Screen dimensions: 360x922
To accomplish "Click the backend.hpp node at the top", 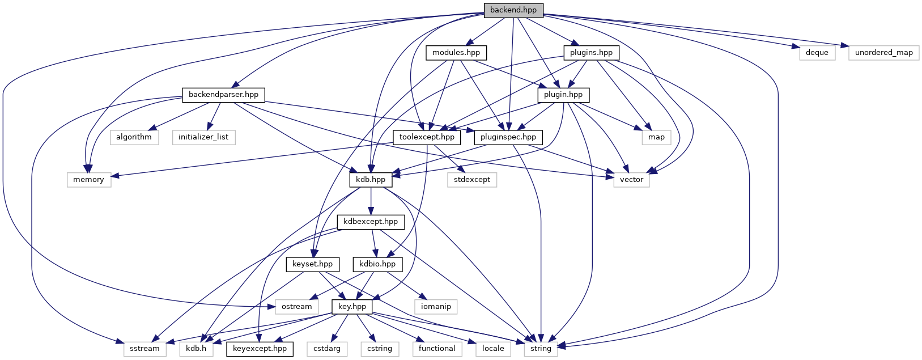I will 513,10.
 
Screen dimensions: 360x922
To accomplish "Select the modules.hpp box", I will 456,53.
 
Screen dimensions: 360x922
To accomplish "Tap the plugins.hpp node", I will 591,53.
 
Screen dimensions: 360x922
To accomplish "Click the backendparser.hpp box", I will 223,95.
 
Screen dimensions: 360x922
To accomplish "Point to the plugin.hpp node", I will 563,95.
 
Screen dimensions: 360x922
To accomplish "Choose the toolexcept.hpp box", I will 427,137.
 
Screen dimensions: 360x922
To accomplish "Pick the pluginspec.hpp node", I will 508,137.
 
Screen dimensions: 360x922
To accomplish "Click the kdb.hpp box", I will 371,180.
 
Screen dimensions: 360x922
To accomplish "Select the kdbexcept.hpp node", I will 371,222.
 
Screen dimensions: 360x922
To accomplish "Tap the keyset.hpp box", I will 313,264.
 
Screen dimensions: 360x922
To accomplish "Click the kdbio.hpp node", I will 377,264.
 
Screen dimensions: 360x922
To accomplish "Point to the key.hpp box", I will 352,307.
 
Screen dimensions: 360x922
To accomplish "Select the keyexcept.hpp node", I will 260,349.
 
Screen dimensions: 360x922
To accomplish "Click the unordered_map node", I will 883,53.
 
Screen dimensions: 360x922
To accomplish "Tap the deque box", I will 817,53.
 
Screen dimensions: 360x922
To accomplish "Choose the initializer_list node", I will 203,137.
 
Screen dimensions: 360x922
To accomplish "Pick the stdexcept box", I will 471,180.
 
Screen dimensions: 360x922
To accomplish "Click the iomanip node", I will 436,307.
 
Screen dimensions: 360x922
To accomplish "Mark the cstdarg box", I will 327,349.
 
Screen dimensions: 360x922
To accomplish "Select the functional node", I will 437,349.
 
